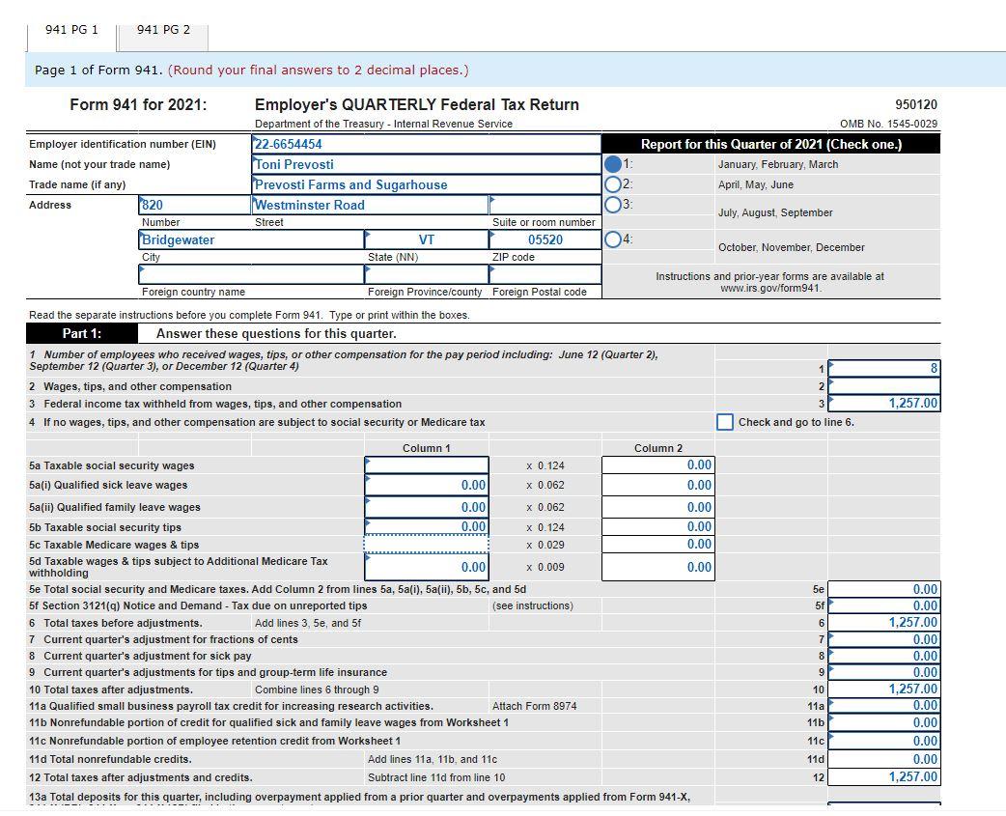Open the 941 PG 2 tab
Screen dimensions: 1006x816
163,30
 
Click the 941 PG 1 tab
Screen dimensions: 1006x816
71,30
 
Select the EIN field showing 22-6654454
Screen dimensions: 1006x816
425,144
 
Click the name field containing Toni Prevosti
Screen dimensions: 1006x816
425,164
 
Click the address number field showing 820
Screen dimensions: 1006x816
193,205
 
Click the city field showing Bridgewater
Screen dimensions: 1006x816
250,239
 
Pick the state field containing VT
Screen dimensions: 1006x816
426,239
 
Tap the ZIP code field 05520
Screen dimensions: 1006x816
545,239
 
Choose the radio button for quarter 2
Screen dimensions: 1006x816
612,184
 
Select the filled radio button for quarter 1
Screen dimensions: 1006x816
612,164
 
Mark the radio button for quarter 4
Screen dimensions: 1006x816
612,239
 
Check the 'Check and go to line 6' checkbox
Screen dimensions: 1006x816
725,422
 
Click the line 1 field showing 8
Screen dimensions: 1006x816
883,368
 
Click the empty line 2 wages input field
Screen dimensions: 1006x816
883,385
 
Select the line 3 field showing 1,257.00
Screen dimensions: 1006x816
883,403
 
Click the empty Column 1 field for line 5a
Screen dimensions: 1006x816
426,465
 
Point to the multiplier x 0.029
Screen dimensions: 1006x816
545,545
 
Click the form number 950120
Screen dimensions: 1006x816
916,104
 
